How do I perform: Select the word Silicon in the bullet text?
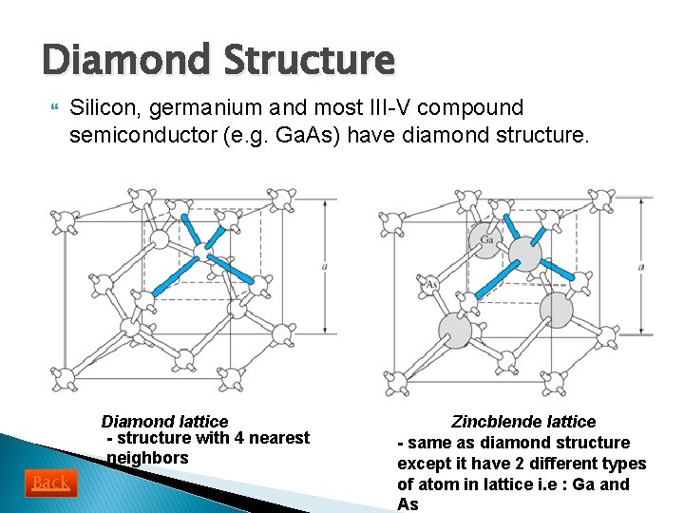101,108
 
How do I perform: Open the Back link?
50,483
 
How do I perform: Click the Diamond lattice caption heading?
164,421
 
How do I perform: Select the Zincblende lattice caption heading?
523,421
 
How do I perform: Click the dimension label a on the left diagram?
325,267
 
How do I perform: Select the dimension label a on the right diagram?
641,267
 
